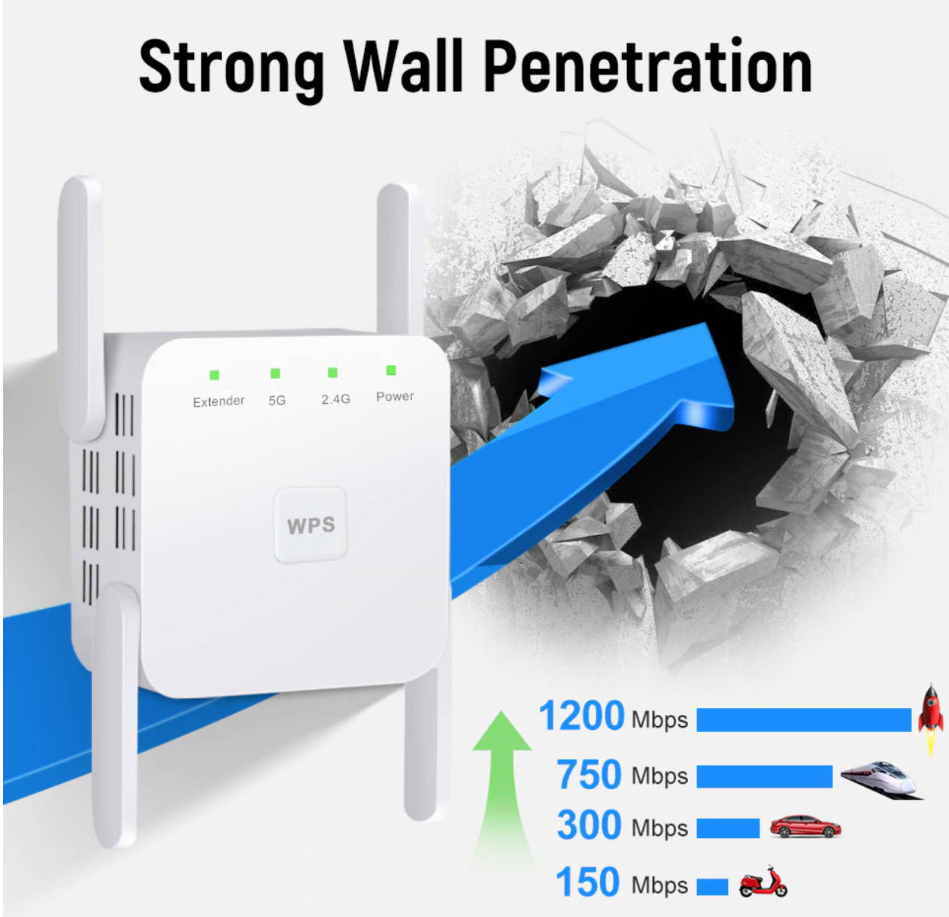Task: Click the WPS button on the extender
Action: pos(310,525)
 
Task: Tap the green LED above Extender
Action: pos(214,375)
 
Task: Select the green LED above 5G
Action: pos(275,374)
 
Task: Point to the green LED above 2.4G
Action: pos(332,373)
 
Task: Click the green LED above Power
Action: pos(390,370)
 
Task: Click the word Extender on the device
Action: pos(219,401)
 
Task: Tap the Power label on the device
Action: pos(395,396)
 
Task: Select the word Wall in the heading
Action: pos(403,65)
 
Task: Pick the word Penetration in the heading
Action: pos(648,65)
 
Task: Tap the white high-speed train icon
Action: pos(882,780)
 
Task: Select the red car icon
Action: pos(805,826)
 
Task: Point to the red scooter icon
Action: pos(763,881)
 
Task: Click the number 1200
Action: pos(581,716)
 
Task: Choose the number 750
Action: pos(589,775)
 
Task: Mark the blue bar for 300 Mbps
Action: pos(728,828)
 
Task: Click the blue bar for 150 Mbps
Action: pos(712,887)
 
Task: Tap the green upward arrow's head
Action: pos(502,731)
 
